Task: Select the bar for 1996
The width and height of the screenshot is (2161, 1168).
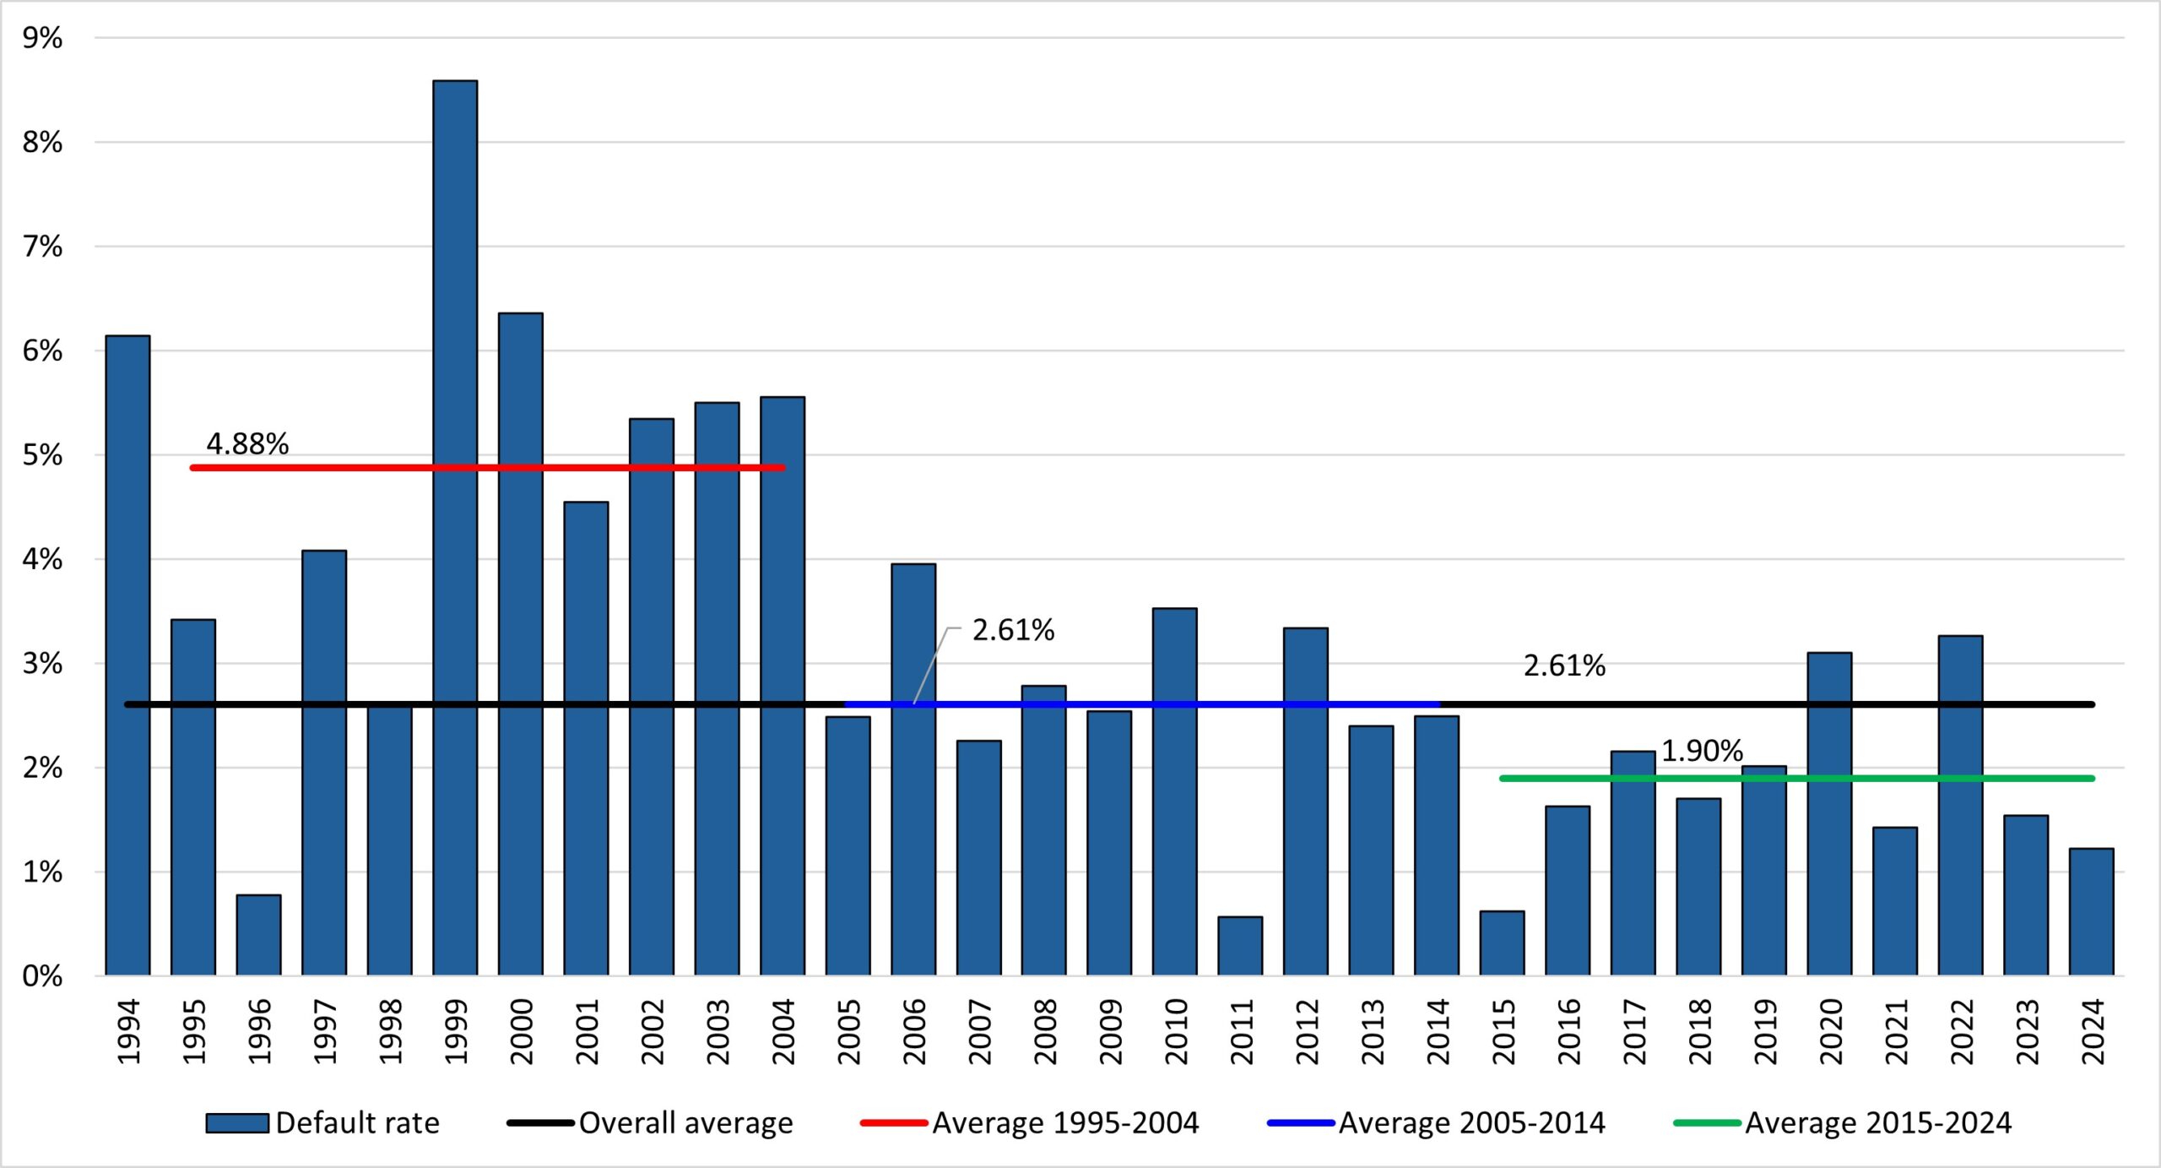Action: [258, 935]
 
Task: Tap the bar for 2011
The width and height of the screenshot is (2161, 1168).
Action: [1240, 946]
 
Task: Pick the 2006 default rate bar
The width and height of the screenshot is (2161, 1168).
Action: [913, 769]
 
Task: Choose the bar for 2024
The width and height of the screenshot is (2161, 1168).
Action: [2092, 912]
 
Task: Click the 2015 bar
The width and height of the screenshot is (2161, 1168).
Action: [1502, 943]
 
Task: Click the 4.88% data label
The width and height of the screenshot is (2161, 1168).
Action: [247, 443]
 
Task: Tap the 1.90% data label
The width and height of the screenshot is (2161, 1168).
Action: [1702, 751]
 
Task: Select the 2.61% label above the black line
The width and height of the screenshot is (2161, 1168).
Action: [1564, 665]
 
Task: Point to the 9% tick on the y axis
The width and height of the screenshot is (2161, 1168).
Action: [42, 38]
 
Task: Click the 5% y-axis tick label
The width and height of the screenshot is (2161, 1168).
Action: [42, 455]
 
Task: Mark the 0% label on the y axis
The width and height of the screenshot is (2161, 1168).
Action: [42, 976]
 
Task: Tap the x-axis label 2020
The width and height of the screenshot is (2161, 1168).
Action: [1830, 1031]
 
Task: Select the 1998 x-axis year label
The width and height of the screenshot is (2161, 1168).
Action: [390, 1031]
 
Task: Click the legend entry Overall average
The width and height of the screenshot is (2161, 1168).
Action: [685, 1123]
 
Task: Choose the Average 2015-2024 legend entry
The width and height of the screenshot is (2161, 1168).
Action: [1878, 1123]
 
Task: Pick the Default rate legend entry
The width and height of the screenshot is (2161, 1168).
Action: [357, 1123]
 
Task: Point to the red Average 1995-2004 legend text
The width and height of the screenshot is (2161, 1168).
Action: [1065, 1123]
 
